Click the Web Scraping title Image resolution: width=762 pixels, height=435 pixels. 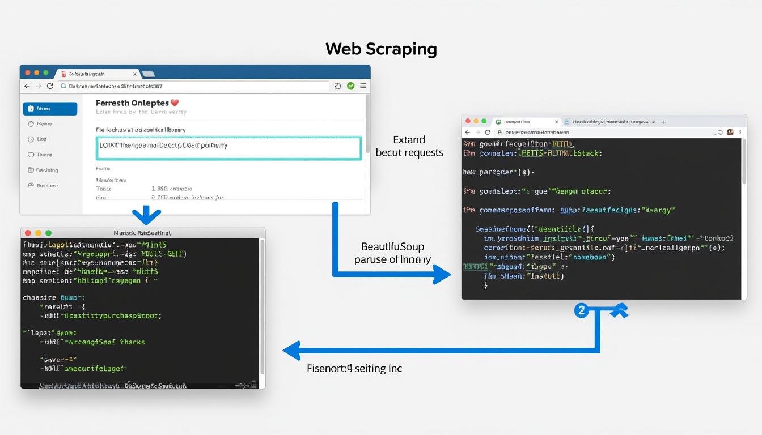coord(381,49)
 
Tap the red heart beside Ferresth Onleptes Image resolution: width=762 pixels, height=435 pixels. coord(175,103)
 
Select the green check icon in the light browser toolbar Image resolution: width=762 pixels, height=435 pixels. coord(350,86)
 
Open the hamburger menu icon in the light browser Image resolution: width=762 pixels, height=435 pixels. coord(363,86)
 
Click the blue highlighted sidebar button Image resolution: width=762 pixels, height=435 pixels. coord(50,109)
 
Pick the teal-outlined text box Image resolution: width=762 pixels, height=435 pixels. coord(230,147)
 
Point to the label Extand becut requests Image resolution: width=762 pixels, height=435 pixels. coord(409,146)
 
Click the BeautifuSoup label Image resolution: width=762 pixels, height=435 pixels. coord(393,247)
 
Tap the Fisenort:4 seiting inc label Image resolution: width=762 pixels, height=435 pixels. coord(354,369)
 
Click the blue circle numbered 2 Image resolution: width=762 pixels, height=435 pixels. coord(581,310)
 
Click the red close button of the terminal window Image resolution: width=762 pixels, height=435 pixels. coord(28,233)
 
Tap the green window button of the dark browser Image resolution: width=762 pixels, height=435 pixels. coord(484,121)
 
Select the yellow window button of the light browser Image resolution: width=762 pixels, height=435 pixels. coord(37,73)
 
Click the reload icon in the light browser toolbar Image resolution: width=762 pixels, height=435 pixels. coord(50,86)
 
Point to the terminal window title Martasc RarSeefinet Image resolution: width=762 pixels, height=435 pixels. coord(142,233)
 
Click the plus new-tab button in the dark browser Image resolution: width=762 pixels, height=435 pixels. coord(664,122)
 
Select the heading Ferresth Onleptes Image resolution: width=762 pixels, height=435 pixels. coord(132,103)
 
